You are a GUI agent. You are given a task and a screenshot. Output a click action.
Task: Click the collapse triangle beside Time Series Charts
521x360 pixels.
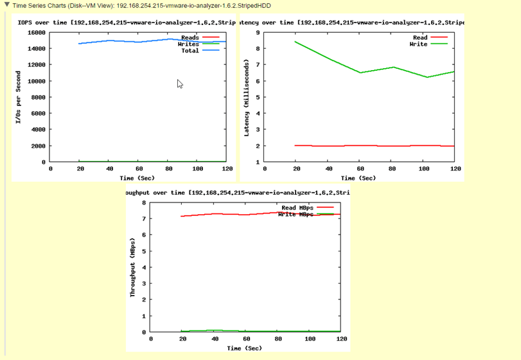pos(6,5)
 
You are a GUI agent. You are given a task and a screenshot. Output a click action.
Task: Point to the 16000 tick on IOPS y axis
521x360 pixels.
pos(36,32)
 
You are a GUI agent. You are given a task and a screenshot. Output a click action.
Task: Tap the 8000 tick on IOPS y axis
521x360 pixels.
pos(38,97)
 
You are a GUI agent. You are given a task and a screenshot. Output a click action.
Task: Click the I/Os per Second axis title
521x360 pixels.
pos(18,96)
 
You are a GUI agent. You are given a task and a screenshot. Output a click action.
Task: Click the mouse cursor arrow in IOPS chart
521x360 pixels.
pos(180,84)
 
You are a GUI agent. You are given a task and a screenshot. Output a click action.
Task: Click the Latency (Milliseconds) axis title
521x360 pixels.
pos(247,96)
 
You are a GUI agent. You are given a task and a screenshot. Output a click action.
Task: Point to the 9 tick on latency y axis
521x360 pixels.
pos(257,32)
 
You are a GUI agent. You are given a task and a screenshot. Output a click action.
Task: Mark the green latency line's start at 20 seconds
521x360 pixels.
pos(296,42)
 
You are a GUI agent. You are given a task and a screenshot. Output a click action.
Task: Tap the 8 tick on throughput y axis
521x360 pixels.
pos(144,203)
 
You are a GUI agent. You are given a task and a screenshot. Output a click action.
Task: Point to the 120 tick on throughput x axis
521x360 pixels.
pos(341,338)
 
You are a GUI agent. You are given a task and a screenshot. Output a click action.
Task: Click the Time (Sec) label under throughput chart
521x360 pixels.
pos(244,348)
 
